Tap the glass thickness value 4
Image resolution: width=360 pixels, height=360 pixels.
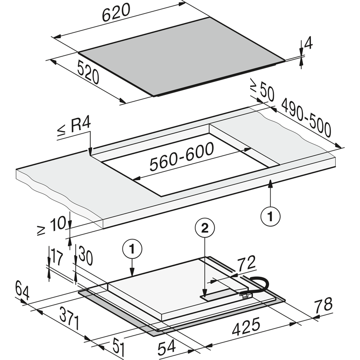click(308, 44)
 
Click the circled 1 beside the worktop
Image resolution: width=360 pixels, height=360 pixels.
click(270, 217)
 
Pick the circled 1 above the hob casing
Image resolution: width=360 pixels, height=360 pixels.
click(133, 248)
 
